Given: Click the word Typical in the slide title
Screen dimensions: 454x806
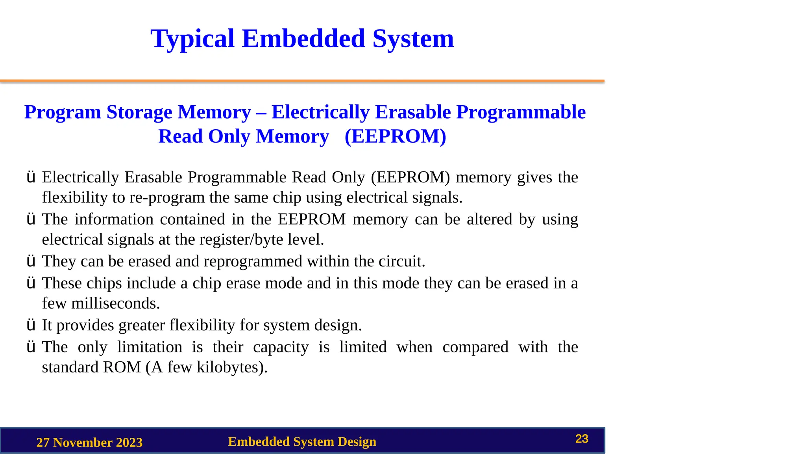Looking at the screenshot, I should (192, 39).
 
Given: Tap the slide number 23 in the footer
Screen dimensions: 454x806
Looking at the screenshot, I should (582, 439).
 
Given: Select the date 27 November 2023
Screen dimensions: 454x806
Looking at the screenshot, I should (89, 443).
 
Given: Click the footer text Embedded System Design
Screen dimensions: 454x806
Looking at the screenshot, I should (302, 442).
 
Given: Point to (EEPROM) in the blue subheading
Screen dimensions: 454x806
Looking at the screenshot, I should (395, 136).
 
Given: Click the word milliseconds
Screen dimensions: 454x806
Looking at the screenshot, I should (115, 303).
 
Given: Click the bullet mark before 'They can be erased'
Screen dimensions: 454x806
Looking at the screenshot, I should (31, 261).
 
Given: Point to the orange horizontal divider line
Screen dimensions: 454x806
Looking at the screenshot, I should (302, 81).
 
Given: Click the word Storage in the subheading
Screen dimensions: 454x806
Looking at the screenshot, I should (139, 112).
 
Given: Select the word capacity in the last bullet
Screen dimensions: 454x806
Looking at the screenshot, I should (281, 347).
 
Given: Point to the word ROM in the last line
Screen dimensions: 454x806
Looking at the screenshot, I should (122, 367).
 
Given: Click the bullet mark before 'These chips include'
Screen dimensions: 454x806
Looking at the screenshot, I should (31, 283).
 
